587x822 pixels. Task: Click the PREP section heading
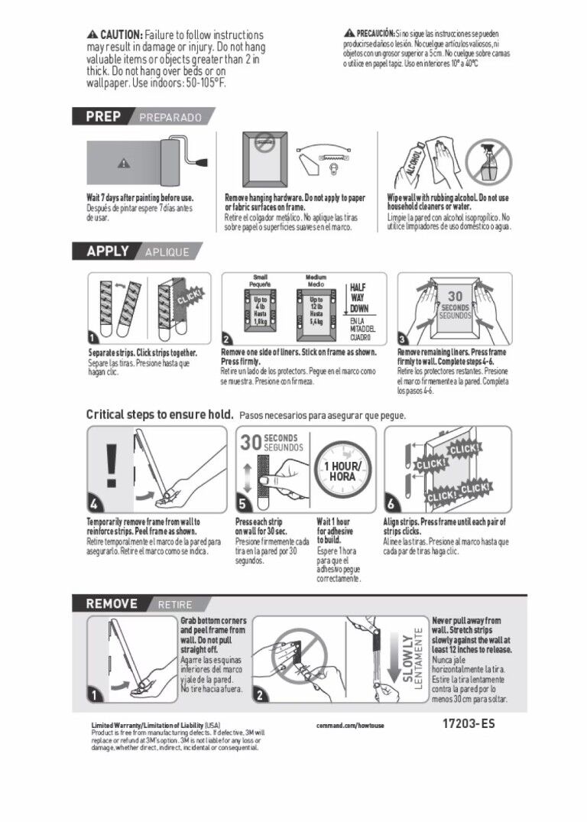tap(103, 117)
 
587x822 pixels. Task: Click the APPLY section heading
tap(108, 251)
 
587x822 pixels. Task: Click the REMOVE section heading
tap(112, 603)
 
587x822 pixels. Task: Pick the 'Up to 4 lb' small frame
tap(260, 310)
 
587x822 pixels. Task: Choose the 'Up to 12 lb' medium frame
tap(315, 310)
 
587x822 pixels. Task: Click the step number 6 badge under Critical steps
tap(391, 504)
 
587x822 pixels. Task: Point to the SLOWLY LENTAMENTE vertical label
tap(412, 659)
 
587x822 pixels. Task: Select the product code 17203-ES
tap(468, 723)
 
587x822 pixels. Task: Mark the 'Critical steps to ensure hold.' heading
tap(160, 414)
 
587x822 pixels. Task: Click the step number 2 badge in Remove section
tap(260, 695)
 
